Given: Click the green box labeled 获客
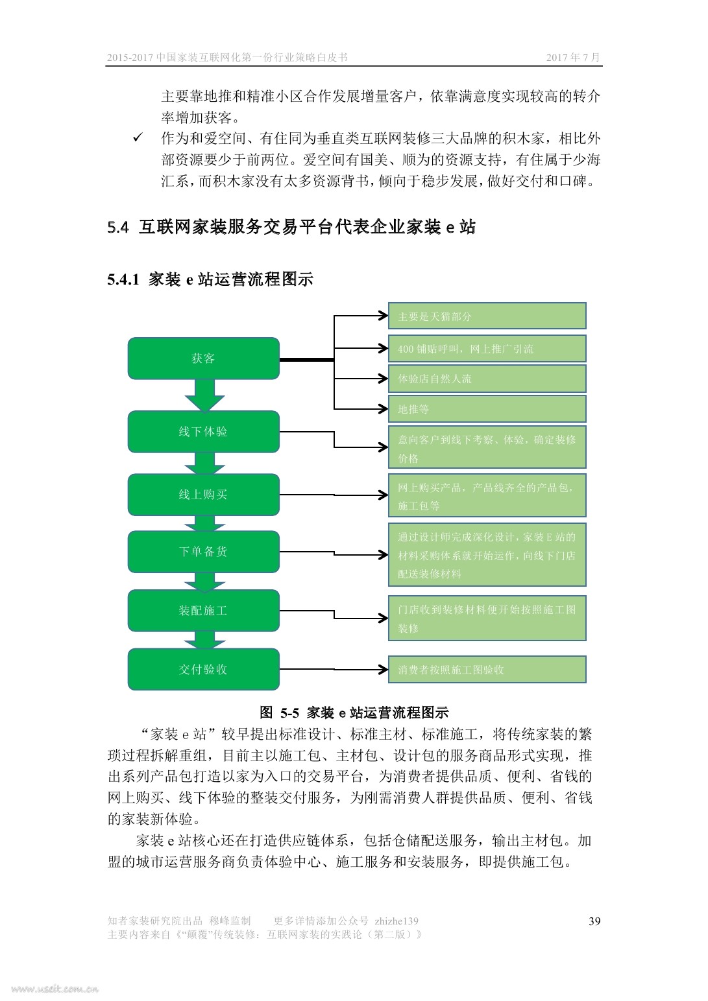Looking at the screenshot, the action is point(204,359).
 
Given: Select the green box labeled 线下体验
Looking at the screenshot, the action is point(204,432).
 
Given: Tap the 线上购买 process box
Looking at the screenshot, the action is point(204,495).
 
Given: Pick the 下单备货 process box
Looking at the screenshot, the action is point(204,552).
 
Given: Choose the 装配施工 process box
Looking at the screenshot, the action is point(204,611).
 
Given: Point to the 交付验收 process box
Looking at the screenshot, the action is point(204,670).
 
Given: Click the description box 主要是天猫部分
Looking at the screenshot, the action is point(487,316).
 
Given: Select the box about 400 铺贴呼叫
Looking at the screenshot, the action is point(487,349).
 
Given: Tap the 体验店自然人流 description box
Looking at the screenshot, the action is point(487,379).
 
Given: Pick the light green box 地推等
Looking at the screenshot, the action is point(487,408).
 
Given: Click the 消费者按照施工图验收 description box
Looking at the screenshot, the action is point(487,670).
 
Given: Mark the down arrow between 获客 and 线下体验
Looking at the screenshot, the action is point(204,395).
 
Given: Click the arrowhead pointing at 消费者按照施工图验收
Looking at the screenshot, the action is point(384,670).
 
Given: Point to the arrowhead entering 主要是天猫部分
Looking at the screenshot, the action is point(384,316).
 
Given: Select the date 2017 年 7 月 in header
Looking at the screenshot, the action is point(573,57).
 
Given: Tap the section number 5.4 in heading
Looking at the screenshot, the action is point(118,228).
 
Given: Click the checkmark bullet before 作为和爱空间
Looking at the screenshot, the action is point(138,137).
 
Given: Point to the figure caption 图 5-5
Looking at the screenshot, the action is point(279,712).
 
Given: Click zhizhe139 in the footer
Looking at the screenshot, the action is point(397,921).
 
